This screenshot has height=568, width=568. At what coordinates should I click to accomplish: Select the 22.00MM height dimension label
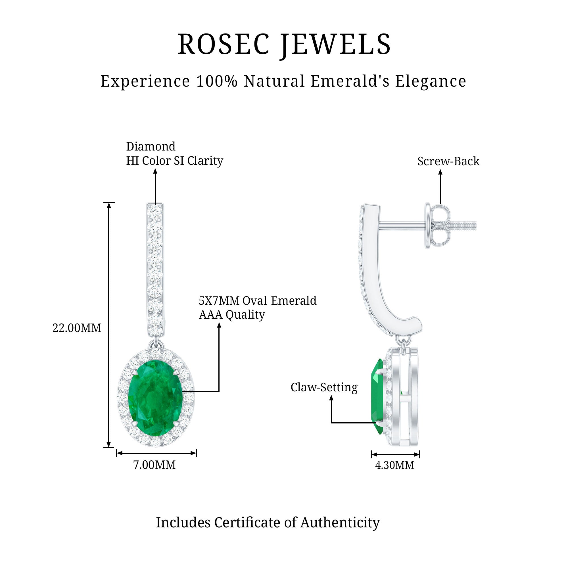point(77,328)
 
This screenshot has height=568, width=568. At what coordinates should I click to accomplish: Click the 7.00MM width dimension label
point(154,465)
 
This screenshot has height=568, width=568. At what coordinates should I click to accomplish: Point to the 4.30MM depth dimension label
point(394,465)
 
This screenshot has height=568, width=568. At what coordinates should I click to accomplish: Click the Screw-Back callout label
point(448,161)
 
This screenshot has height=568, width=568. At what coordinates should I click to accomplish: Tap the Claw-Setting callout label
point(324,387)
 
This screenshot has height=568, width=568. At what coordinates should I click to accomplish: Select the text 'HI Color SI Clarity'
point(175,160)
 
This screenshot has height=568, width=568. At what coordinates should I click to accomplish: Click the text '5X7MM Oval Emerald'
point(258,300)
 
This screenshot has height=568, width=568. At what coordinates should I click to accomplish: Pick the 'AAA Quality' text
point(232,315)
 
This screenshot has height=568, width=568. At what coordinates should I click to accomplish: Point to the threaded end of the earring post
point(466,226)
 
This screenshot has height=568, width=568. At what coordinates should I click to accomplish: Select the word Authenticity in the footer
point(340,523)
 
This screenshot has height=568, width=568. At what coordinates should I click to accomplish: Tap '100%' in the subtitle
point(217,81)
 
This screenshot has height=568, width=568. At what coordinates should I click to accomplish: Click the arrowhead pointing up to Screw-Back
point(440,173)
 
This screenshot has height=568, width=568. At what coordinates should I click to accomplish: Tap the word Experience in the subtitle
point(145,81)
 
